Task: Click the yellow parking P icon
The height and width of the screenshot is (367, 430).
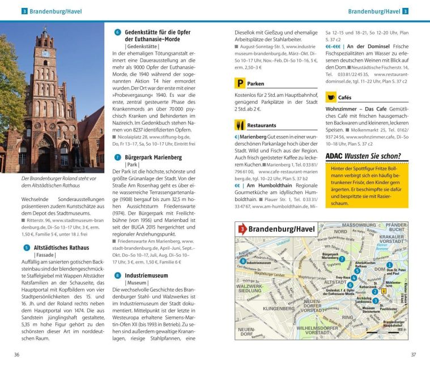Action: click(239, 84)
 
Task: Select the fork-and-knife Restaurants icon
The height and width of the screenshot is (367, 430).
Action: click(239, 125)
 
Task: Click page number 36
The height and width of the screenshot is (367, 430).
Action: click(17, 355)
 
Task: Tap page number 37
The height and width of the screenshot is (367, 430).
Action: click(413, 355)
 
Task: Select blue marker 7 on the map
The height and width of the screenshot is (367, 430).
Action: click(342, 258)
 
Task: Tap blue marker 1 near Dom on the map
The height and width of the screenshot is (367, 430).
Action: click(389, 264)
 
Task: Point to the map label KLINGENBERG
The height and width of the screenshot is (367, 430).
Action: click(278, 309)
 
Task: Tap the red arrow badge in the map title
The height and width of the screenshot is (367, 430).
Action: click(242, 229)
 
